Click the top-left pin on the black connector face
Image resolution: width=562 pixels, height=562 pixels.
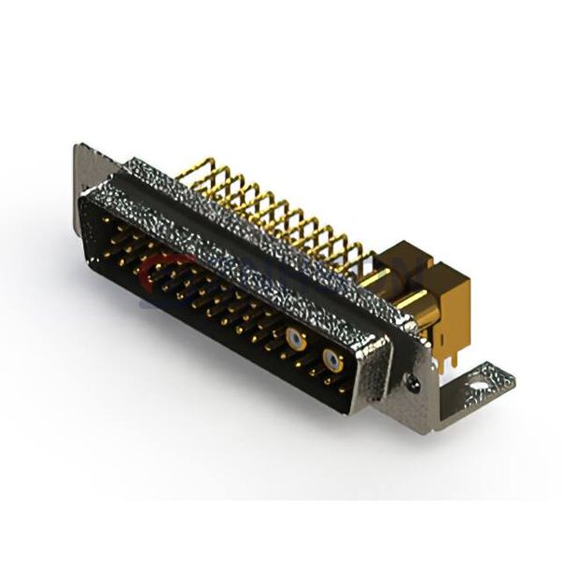coord(105,221)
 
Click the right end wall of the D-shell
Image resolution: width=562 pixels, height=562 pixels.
coord(369,375)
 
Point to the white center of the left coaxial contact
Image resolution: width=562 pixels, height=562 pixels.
coord(297,340)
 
